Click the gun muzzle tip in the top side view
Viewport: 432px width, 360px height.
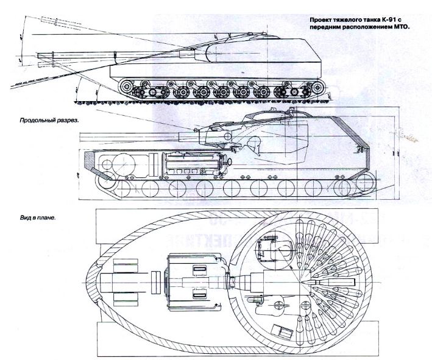[38, 56]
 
